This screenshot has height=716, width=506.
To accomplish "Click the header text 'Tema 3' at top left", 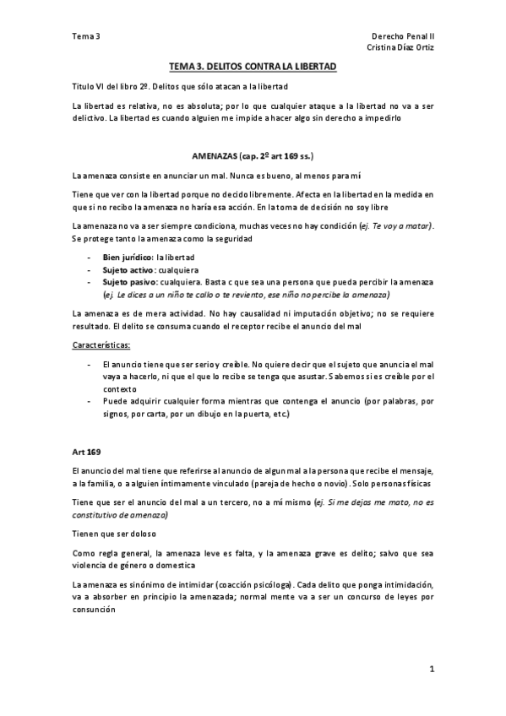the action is point(86,37).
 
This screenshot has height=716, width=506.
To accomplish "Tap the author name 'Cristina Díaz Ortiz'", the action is point(396,49).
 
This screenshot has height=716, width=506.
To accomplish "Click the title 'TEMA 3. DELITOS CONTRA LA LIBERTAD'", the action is point(253,66).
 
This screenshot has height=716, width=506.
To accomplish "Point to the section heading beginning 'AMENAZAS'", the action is point(253,157).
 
